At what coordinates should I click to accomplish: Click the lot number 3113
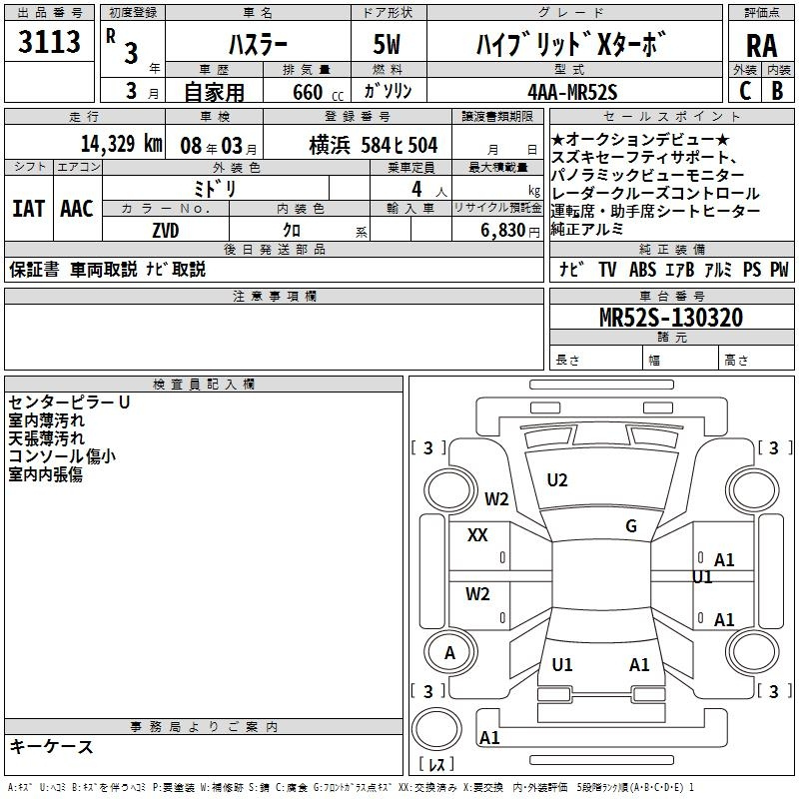(49, 41)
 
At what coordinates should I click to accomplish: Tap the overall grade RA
(762, 46)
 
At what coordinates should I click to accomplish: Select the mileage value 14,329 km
(122, 144)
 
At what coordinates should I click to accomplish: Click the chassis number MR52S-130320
(671, 317)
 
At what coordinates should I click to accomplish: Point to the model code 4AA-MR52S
(572, 92)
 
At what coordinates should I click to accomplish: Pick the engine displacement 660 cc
(318, 93)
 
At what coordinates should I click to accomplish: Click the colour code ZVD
(166, 231)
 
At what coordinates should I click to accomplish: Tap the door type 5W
(387, 44)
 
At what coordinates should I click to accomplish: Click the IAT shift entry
(28, 209)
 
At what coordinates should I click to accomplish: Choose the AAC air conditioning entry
(77, 209)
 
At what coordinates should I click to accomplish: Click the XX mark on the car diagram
(477, 535)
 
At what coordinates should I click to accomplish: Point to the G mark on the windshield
(631, 526)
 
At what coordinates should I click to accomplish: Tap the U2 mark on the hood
(557, 480)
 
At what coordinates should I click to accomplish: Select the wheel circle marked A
(449, 652)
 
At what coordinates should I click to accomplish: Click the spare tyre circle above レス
(436, 729)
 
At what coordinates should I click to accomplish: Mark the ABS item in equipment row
(642, 270)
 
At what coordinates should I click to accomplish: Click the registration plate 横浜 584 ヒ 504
(374, 145)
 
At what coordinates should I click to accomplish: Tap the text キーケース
(51, 747)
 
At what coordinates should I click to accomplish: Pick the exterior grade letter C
(745, 91)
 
